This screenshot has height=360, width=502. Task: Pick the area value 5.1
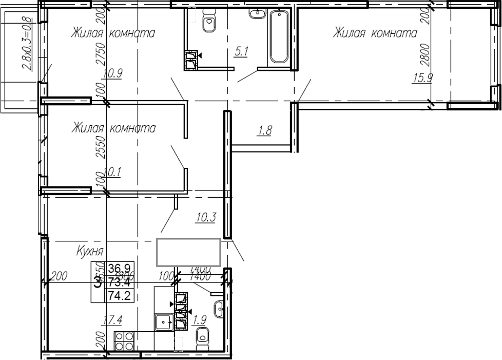click(241, 51)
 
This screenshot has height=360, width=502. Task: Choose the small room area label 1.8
click(264, 131)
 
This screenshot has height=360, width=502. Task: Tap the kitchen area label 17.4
click(111, 320)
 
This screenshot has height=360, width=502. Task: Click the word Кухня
click(90, 252)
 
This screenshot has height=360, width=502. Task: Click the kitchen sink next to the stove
click(163, 323)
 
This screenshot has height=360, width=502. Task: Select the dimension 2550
click(101, 149)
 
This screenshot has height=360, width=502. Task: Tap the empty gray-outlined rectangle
click(188, 252)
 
